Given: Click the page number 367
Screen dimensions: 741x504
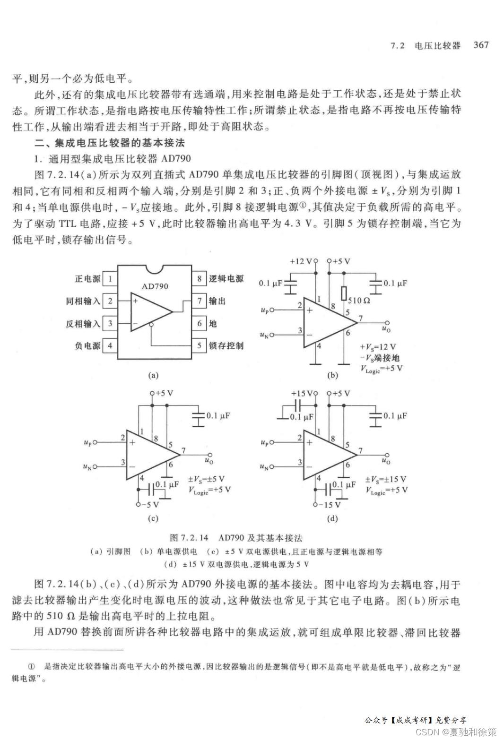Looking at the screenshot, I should click(481, 45).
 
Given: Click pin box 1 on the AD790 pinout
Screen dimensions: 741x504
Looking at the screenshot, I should click(110, 278).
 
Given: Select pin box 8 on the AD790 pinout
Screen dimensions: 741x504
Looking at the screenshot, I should click(200, 278).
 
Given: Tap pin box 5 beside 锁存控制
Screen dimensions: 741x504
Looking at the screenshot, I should click(200, 345).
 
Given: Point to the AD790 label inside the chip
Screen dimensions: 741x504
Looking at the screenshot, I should click(155, 286).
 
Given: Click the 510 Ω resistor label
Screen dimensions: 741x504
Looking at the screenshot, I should click(359, 300).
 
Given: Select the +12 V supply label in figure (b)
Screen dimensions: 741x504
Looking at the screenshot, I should click(301, 261).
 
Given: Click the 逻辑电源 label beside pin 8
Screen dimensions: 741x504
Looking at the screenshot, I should click(226, 278).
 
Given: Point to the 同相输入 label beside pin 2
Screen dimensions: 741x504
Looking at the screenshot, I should click(83, 301).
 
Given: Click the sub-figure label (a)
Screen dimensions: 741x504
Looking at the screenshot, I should click(153, 375).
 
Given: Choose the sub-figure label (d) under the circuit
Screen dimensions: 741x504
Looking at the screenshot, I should click(332, 518).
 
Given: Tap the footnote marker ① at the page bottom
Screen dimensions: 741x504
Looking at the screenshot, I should click(32, 667).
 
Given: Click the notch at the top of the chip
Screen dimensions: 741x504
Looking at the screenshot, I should click(155, 269).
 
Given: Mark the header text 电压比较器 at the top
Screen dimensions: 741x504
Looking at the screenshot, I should click(437, 45).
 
